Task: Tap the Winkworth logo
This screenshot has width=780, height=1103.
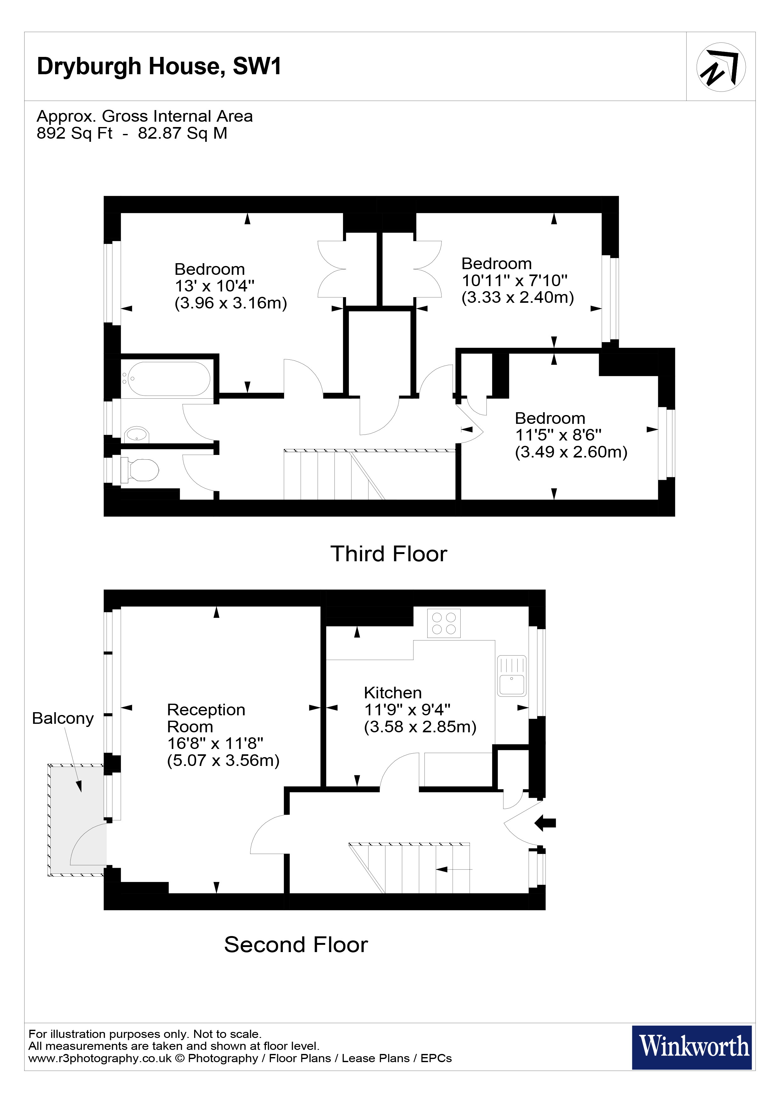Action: pos(692,1047)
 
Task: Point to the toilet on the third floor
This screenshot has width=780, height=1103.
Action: pos(142,470)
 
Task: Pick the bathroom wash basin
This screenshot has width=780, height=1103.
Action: pos(137,434)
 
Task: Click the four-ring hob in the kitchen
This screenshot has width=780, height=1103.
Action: pos(444,623)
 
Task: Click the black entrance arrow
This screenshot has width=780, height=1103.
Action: pos(546,823)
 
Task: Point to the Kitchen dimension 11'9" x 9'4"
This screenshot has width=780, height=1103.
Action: pos(407,710)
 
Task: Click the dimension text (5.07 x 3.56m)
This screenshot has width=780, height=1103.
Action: pos(223,761)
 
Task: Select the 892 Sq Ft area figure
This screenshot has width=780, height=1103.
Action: pos(75,133)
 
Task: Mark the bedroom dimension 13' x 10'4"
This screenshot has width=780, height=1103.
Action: pos(214,286)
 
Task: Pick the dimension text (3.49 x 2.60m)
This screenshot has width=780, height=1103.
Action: pos(571,452)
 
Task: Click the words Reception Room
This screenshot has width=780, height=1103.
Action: pos(206,718)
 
